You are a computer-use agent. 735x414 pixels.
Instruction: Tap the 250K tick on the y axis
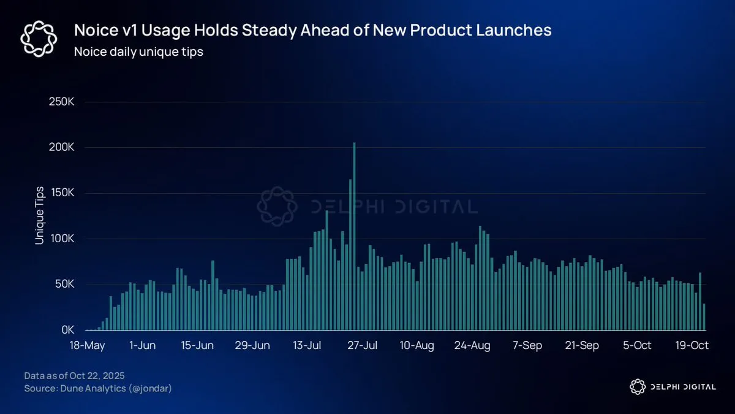tap(61, 102)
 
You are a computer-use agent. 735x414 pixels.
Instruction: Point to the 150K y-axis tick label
tap(61, 193)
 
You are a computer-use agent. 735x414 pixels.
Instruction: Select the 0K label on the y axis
tap(66, 330)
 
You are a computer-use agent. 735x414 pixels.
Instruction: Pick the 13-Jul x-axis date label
tap(308, 346)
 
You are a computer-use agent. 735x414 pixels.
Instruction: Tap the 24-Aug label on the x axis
tap(473, 346)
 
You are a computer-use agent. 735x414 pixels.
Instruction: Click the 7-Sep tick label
tap(527, 346)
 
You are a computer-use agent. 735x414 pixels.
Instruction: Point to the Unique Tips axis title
tap(40, 215)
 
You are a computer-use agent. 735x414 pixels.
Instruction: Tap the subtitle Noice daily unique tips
tap(138, 52)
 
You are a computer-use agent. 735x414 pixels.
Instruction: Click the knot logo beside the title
tap(39, 38)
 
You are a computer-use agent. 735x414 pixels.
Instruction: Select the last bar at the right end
tap(704, 317)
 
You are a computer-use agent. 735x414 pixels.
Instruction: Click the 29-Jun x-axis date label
tap(253, 346)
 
